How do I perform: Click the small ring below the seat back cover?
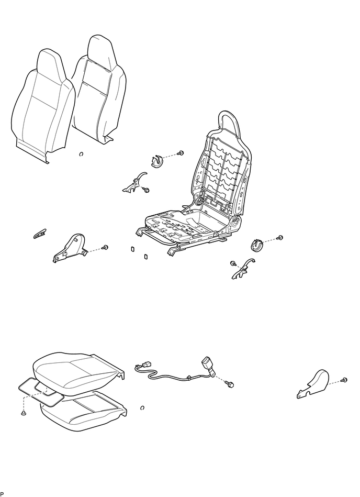point(81,154)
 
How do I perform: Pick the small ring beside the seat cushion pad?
point(142,407)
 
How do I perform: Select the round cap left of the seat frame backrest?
point(156,161)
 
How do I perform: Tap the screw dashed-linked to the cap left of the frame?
point(181,153)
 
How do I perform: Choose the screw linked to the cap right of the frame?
point(280,237)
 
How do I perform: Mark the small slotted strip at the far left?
point(40,234)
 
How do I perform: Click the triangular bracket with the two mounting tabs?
point(70,248)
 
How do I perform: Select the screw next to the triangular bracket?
point(105,247)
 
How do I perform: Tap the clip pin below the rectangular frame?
point(24,413)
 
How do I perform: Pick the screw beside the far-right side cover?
point(344,379)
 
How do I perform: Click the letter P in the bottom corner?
point(2,494)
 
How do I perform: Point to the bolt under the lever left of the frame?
point(147,190)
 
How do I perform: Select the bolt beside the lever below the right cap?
point(233,263)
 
